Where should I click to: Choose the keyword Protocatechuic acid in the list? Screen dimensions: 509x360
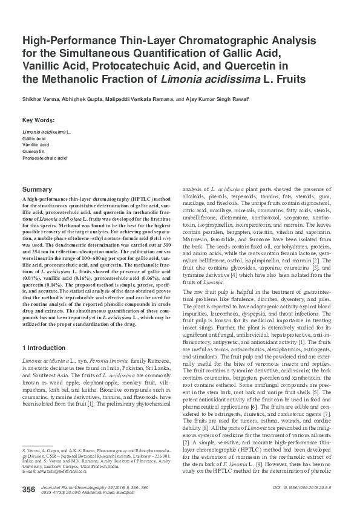pos(44,158)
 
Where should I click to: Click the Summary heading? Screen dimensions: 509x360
pos(38,189)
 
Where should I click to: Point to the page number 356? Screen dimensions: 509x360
pos(28,489)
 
